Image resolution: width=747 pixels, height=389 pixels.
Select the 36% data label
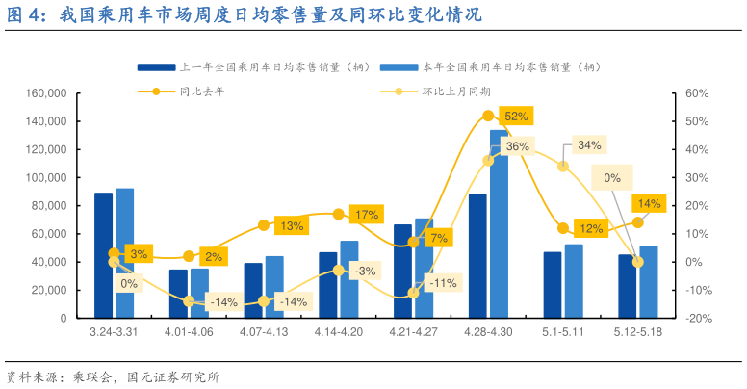pos(517,146)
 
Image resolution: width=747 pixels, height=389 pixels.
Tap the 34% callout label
pos(589,145)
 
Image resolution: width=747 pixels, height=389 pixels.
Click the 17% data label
pos(366,215)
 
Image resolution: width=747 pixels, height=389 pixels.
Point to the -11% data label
pos(442,283)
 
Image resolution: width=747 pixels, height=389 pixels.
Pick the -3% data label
pos(365,272)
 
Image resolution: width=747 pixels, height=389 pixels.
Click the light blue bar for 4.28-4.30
pos(499,223)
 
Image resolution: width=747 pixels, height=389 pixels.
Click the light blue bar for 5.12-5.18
pos(649,281)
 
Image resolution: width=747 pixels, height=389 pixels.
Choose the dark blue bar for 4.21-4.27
pos(402,271)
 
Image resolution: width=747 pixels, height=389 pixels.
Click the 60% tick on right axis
pos(697,93)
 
